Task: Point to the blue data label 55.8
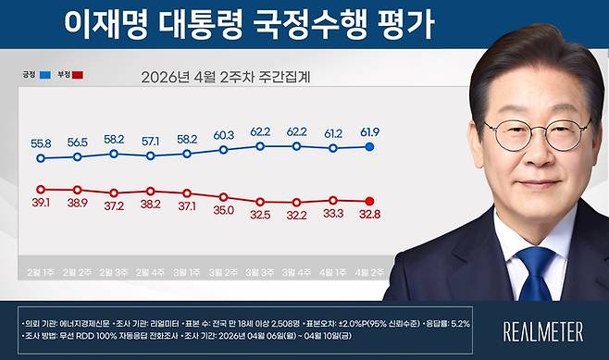click(40, 144)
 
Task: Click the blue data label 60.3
click(224, 134)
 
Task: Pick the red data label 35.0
click(224, 211)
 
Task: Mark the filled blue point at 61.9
click(370, 147)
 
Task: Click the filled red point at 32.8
click(370, 201)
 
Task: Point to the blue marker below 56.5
click(77, 156)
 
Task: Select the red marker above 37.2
click(114, 192)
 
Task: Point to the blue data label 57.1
click(151, 141)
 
